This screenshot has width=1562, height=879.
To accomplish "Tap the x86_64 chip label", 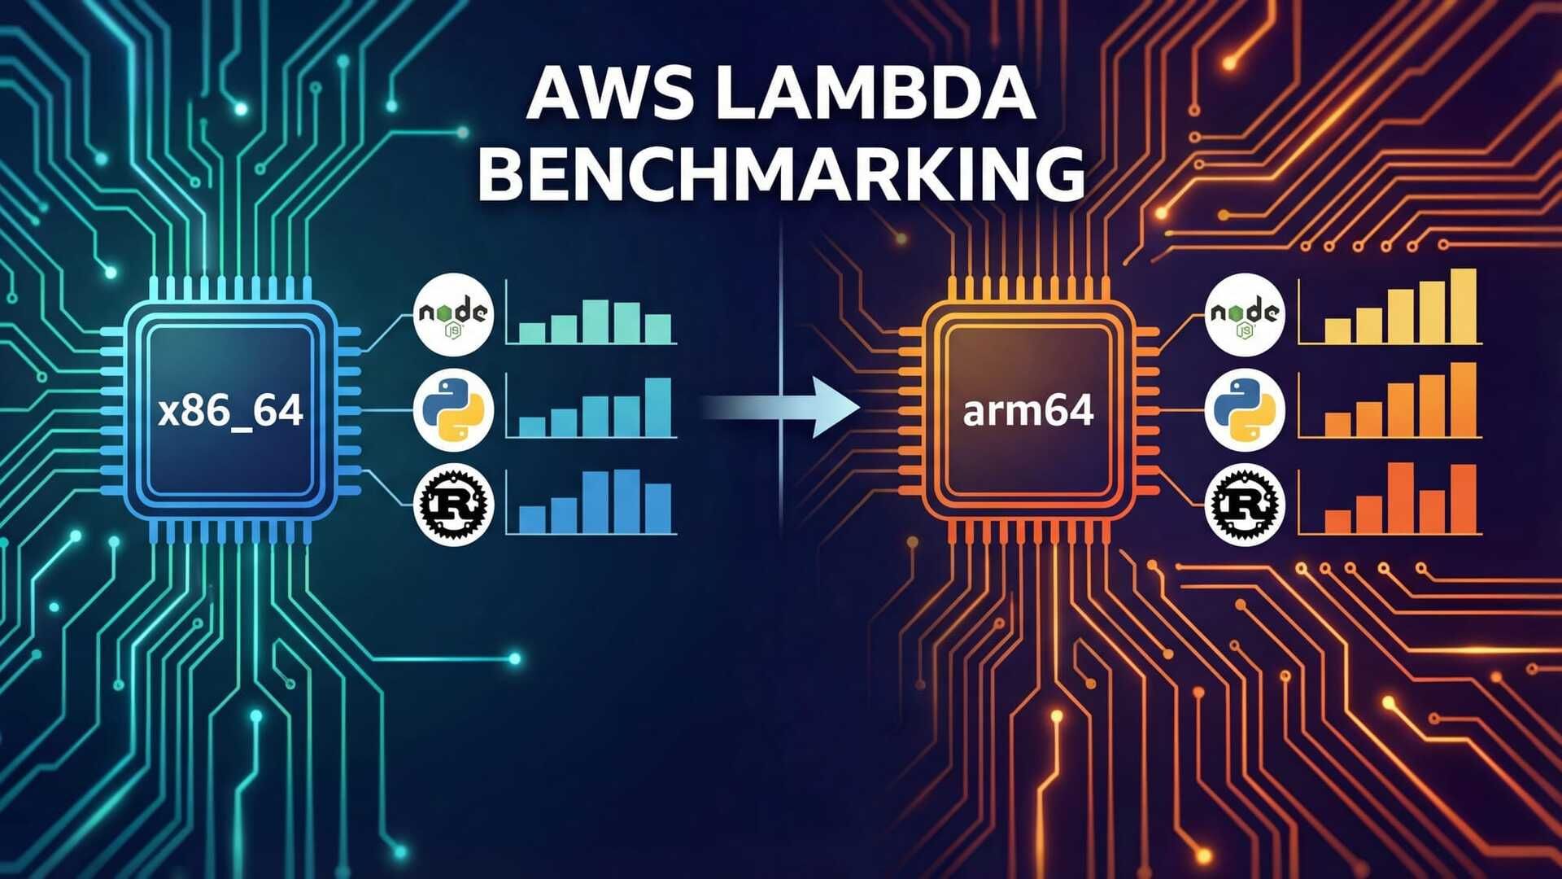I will pos(231,410).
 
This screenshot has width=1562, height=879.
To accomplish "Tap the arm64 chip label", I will pos(1028,410).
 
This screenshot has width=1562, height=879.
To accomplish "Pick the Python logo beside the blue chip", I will pos(453,410).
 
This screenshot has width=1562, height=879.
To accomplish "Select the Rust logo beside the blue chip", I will pos(453,505).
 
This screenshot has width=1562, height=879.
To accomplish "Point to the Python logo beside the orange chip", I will pos(1245,410).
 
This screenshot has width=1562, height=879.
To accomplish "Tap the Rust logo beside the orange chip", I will pos(1245,505).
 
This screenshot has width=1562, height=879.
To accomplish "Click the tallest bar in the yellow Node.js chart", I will pos(1463,307).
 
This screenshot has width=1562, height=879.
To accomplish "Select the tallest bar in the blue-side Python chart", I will pos(658,408).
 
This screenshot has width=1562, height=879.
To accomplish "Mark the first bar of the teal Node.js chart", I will pos(532,333).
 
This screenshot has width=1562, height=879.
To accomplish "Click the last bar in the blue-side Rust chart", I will pos(658,509).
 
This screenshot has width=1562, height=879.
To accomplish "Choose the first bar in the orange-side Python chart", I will pos(1337,424).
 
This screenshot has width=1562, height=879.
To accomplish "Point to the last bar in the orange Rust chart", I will pos(1463,499).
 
